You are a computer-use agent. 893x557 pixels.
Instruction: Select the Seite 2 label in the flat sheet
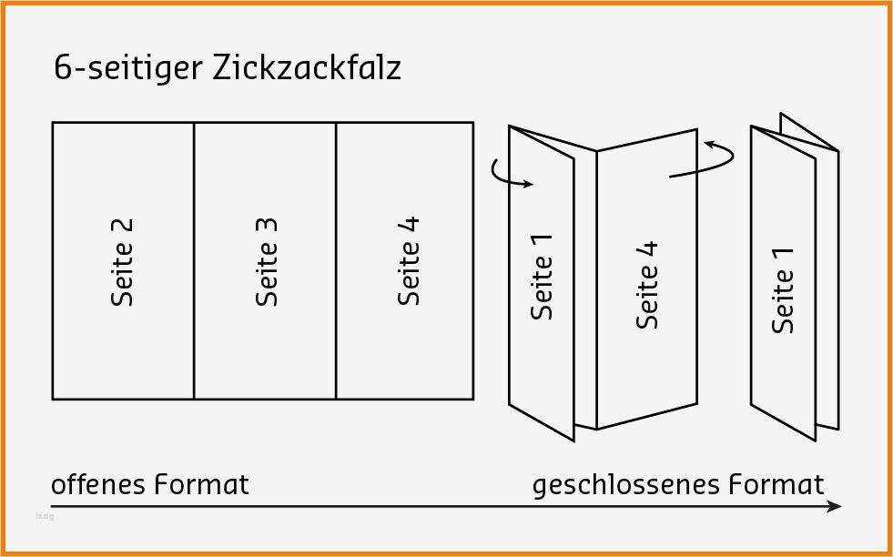point(123,261)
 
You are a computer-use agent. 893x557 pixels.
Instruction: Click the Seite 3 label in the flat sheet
point(266,261)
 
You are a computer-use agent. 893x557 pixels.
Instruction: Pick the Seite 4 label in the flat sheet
point(409,261)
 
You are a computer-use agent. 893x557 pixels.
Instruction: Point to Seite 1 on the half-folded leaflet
point(543,275)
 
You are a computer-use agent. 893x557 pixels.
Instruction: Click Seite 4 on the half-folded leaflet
point(647,284)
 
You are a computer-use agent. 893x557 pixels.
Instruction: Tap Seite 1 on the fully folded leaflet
point(783,289)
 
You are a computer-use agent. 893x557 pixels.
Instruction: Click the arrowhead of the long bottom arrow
point(835,506)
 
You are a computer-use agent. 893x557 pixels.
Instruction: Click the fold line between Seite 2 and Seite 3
point(194,261)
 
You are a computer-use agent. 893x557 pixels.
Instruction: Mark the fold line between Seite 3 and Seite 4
point(336,261)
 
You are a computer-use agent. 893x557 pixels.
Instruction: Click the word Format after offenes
point(201,483)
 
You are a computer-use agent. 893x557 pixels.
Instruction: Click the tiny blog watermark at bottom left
point(44,516)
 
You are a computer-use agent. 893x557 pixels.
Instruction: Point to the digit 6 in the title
point(62,69)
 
